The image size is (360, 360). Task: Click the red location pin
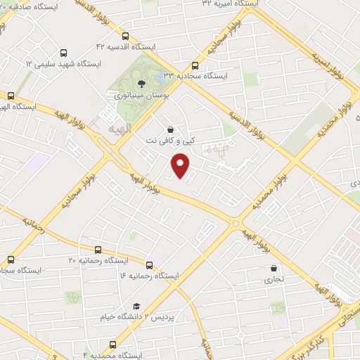click(181, 167)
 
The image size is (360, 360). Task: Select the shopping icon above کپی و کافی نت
click(170, 129)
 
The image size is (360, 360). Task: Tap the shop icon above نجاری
click(274, 268)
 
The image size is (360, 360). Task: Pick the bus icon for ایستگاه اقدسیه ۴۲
click(125, 37)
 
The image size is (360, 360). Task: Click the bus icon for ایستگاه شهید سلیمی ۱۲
click(64, 53)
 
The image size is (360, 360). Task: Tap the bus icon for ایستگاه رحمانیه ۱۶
click(149, 265)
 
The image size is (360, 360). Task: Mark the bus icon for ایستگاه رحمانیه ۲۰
click(97, 250)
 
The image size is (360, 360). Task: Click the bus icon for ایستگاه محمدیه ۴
click(113, 345)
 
